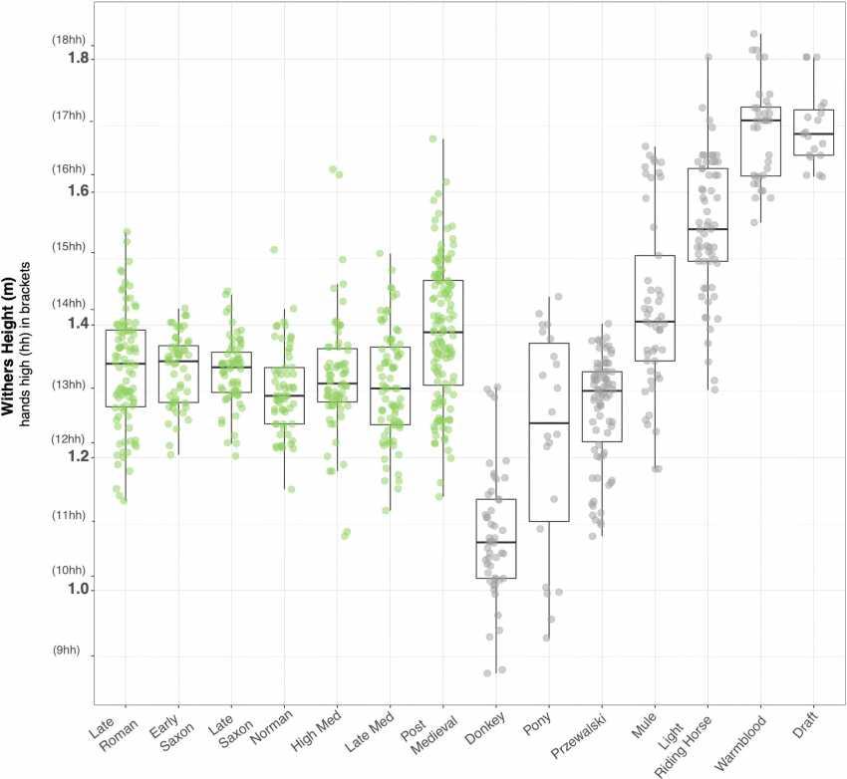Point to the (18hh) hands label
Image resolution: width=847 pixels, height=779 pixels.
click(x=69, y=40)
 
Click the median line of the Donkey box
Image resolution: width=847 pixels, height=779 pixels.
click(x=495, y=542)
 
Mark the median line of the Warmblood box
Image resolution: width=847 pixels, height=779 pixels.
click(x=760, y=120)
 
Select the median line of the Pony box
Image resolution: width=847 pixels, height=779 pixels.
click(x=548, y=423)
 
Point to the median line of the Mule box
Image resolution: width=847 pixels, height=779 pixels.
click(x=655, y=322)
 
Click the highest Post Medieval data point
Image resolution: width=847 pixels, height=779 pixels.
click(x=432, y=139)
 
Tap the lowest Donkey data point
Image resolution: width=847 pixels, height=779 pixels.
click(x=487, y=673)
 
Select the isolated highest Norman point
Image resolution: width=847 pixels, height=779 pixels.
click(x=273, y=250)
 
